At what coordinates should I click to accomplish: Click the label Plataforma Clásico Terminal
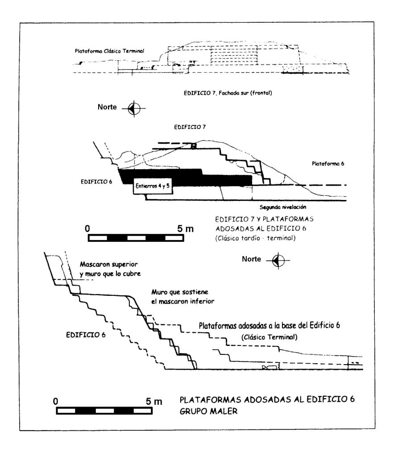[x=109, y=51]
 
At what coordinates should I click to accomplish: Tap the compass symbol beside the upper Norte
[x=135, y=108]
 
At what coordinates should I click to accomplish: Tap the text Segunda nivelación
[x=283, y=207]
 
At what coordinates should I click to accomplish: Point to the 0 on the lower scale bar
[x=55, y=401]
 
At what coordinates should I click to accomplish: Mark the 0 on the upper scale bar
[x=88, y=228]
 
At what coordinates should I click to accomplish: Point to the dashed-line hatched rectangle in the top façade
[x=234, y=57]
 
